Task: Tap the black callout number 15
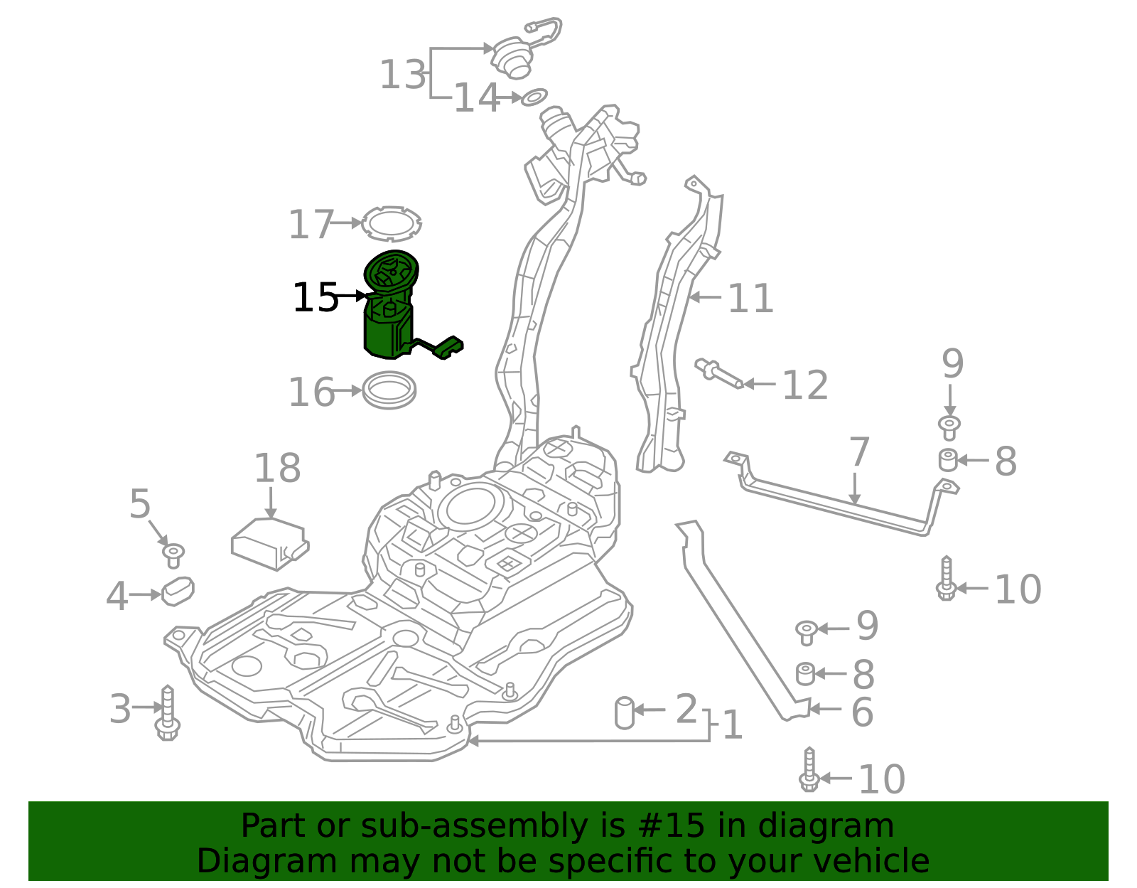click(x=316, y=297)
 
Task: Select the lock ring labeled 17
click(x=390, y=223)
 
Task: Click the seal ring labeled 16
click(x=389, y=390)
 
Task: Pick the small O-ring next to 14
click(x=534, y=97)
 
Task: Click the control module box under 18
click(x=269, y=544)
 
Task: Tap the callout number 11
click(x=750, y=299)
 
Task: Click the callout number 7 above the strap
click(x=859, y=452)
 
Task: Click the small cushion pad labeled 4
click(x=178, y=591)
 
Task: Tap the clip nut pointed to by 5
click(x=173, y=555)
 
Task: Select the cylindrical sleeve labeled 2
click(x=624, y=712)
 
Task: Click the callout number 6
click(x=862, y=712)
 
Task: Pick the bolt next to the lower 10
click(x=809, y=771)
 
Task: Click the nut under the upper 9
click(x=949, y=428)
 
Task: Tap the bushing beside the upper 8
click(x=948, y=460)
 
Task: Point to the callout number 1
click(x=732, y=725)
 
